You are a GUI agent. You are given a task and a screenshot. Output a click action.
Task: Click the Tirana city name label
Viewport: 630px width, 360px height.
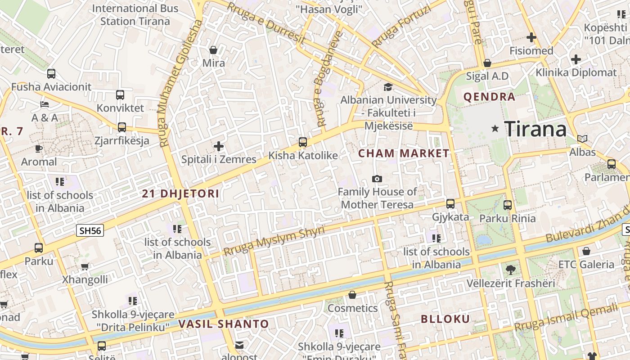click(535, 129)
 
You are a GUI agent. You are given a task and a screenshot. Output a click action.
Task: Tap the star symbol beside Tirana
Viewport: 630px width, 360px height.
click(495, 129)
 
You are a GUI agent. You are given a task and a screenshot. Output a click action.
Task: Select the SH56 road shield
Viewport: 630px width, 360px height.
click(90, 231)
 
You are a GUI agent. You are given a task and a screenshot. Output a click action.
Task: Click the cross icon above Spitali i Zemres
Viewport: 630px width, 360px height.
click(219, 146)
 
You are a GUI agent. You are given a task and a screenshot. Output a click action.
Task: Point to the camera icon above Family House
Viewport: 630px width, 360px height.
click(377, 179)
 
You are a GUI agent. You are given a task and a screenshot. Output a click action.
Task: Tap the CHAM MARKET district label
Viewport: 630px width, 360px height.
click(404, 153)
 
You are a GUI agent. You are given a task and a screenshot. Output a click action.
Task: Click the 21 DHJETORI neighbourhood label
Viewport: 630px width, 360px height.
click(180, 194)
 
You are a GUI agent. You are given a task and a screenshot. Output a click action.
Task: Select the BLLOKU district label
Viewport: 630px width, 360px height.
click(445, 319)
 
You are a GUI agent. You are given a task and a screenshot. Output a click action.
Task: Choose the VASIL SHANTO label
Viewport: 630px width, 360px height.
click(223, 324)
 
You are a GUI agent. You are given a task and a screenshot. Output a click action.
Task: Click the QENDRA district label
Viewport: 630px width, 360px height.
click(489, 97)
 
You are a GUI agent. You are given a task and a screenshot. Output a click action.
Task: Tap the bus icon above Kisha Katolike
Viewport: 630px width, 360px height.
click(303, 142)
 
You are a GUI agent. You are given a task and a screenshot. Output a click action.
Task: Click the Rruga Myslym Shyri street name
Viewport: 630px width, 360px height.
click(274, 241)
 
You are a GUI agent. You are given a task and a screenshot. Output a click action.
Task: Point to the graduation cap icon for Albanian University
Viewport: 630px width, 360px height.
click(388, 87)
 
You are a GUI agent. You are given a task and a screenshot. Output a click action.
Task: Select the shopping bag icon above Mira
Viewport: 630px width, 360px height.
click(213, 49)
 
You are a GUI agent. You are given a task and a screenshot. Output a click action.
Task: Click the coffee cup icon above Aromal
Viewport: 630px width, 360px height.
click(39, 148)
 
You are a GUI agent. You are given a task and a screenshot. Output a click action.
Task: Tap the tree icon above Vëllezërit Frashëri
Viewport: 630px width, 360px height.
click(510, 270)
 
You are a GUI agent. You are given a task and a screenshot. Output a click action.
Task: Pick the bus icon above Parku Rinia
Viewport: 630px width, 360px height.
click(508, 205)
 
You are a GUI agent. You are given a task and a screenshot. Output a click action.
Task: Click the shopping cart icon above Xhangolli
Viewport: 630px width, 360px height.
click(85, 266)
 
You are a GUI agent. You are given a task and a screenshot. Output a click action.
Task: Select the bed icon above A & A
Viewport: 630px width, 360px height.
click(45, 104)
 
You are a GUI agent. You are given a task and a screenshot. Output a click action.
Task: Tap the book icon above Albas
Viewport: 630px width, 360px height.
click(582, 139)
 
